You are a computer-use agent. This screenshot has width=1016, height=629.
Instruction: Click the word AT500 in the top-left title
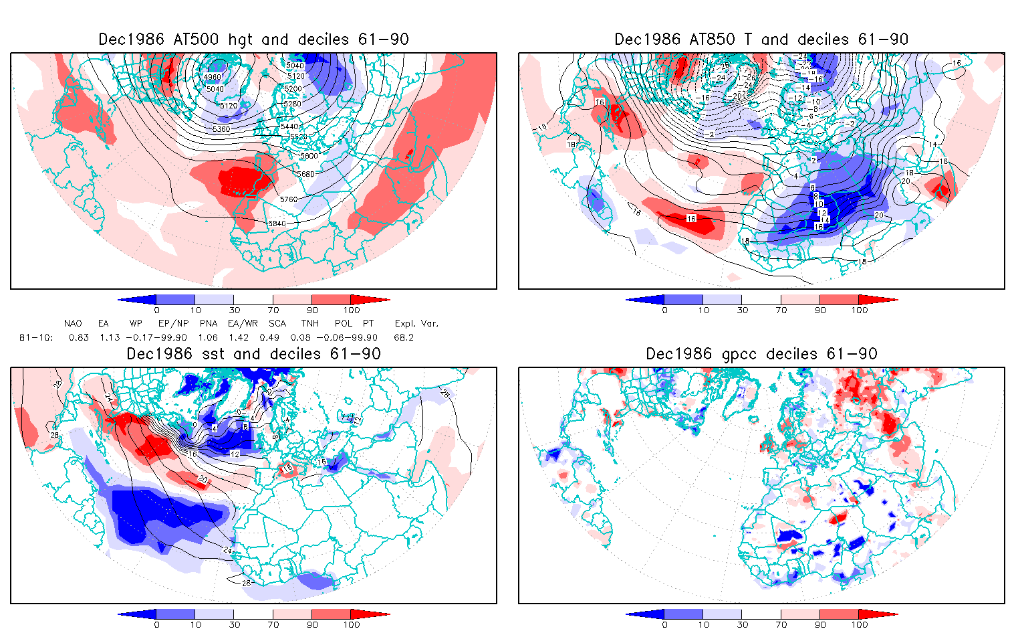click(x=197, y=39)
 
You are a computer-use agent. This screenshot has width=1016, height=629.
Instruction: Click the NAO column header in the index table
click(x=74, y=323)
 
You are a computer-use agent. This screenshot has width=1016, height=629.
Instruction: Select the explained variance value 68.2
click(x=404, y=337)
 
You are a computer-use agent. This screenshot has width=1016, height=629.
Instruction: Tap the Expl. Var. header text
click(x=416, y=323)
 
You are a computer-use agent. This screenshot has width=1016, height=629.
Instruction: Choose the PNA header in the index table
click(x=209, y=323)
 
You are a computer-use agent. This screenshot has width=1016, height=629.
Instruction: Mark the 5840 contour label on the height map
click(x=277, y=223)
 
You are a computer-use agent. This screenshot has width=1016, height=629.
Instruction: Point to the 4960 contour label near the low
click(x=213, y=77)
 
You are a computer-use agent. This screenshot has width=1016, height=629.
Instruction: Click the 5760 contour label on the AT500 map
click(x=289, y=199)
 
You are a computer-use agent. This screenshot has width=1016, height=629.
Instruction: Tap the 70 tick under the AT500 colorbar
click(x=273, y=310)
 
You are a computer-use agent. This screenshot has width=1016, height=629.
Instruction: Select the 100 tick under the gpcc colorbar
click(x=860, y=624)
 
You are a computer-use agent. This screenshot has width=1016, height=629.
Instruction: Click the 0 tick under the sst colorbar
click(x=156, y=624)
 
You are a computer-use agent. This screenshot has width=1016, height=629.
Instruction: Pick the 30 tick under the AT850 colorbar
click(x=742, y=310)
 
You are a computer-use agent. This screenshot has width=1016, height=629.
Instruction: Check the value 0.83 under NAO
click(x=79, y=337)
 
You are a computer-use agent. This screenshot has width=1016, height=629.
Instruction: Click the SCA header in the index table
click(x=277, y=323)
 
